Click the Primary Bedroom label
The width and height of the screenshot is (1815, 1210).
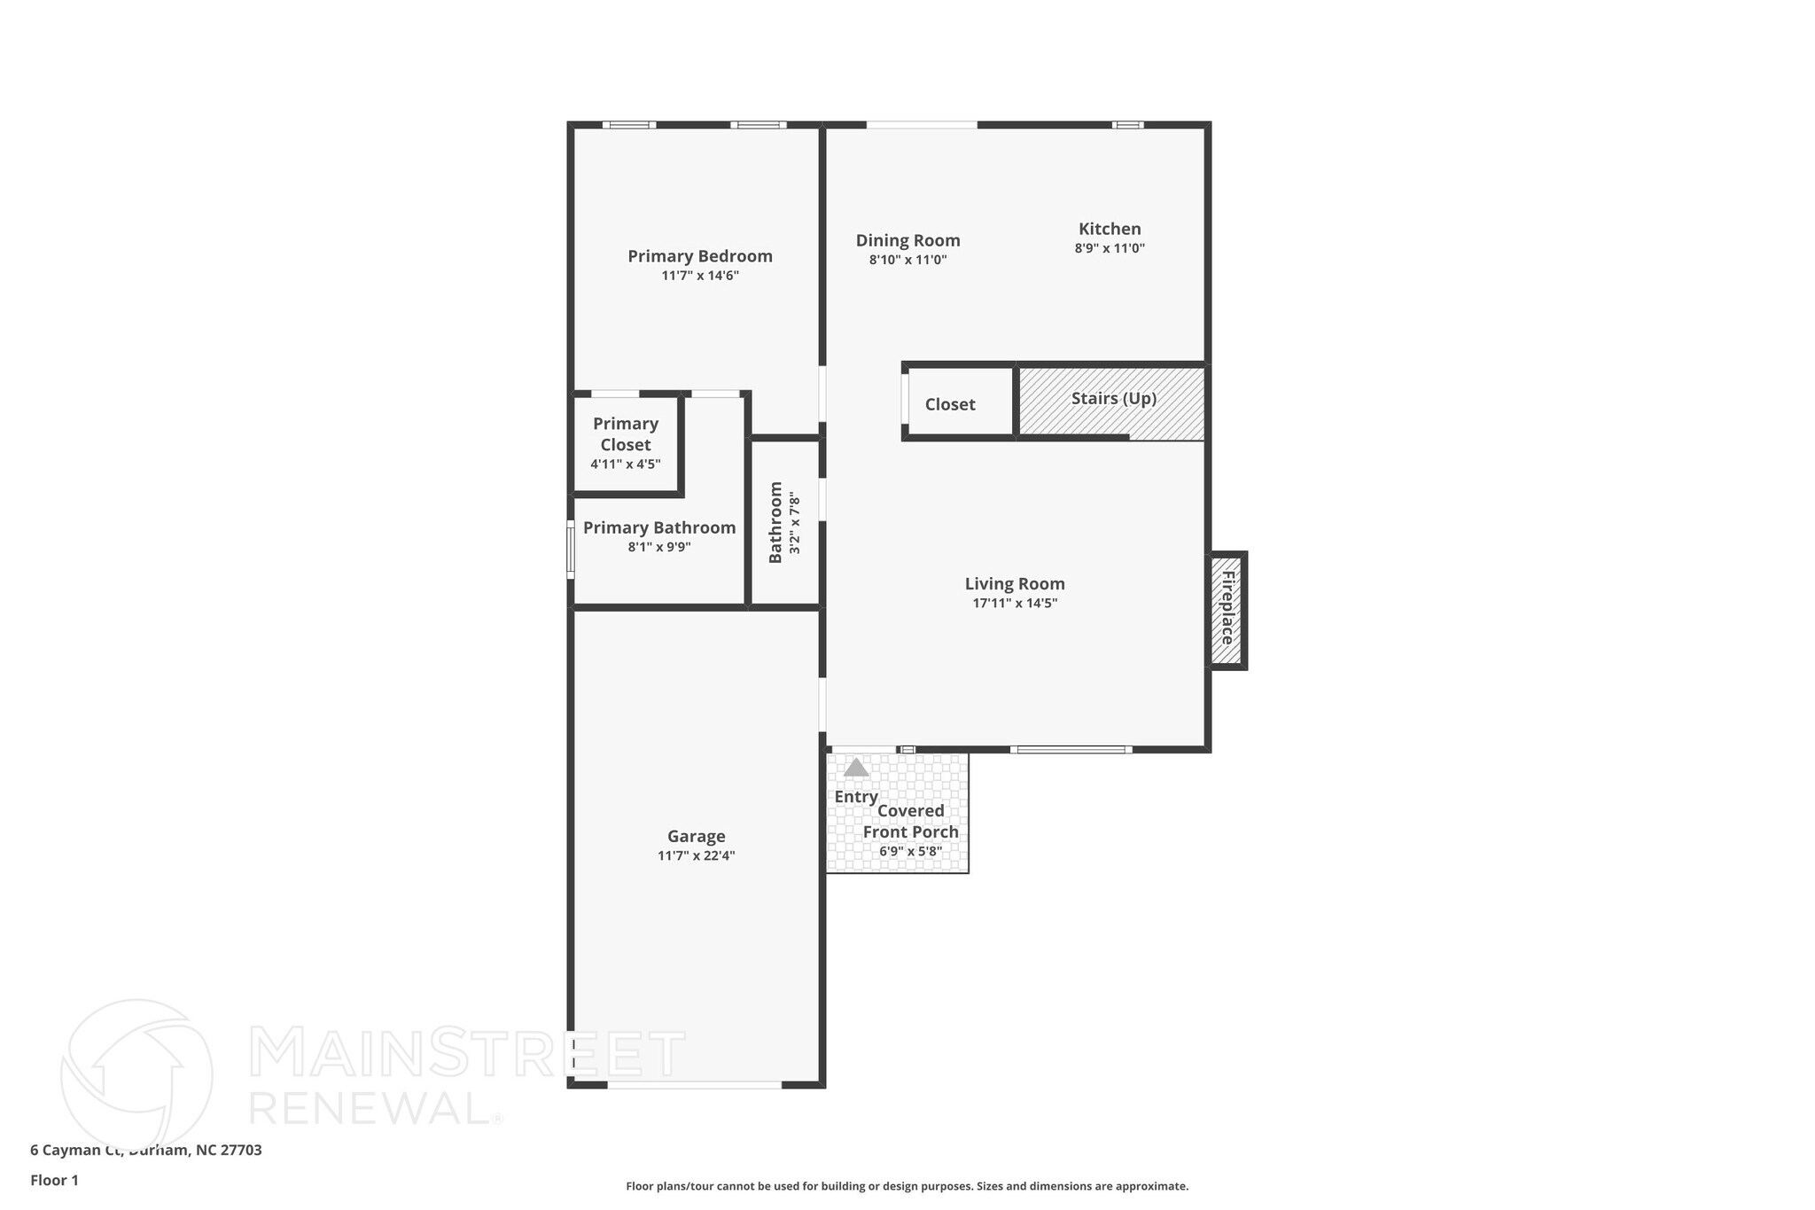[700, 256]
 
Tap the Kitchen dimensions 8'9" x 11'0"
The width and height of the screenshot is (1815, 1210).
[1110, 249]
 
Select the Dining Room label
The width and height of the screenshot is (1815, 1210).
[907, 240]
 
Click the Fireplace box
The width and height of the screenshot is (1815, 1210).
[1227, 609]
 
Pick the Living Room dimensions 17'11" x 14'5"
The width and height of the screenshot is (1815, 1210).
[1015, 604]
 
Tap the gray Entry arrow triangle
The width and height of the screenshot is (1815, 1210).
[856, 768]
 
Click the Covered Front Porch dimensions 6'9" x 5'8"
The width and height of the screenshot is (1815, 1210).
[910, 852]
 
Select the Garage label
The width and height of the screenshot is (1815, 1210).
[696, 836]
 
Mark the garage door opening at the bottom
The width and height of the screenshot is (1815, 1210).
[694, 1084]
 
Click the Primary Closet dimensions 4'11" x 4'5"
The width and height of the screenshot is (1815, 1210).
[625, 464]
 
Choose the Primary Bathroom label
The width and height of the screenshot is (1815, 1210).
[659, 527]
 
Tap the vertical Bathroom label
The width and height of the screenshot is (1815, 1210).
[775, 522]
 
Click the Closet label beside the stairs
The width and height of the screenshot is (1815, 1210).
[950, 404]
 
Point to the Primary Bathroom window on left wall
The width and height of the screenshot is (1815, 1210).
[571, 550]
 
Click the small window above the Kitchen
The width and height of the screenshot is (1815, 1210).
[1127, 125]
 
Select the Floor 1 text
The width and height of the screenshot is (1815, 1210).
[54, 1180]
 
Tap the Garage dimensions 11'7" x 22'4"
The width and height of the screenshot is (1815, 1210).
[696, 856]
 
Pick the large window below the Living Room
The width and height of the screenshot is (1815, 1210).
[1071, 750]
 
